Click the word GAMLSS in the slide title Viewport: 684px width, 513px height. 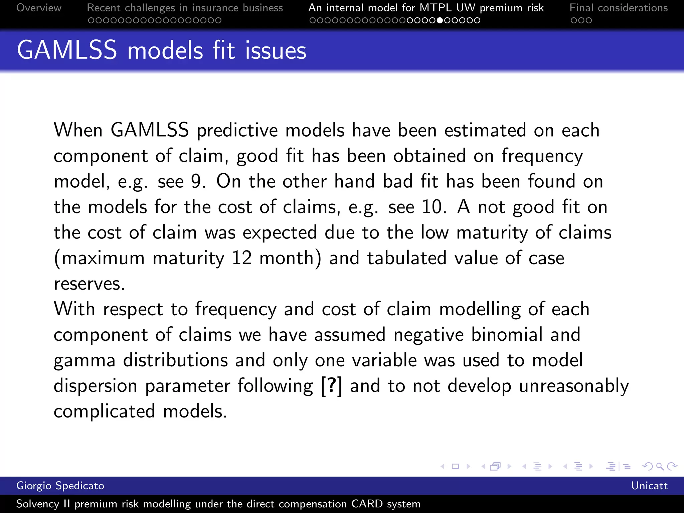67,50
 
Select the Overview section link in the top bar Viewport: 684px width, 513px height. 39,8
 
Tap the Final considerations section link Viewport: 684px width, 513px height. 619,8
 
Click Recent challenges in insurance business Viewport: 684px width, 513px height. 185,8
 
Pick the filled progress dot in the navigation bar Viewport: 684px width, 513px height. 440,20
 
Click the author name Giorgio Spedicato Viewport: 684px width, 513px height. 60,486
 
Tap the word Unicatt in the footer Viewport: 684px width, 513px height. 649,486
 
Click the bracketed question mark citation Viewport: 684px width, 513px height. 331,386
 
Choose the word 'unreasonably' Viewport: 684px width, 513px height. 571,386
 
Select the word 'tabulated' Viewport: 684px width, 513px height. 406,258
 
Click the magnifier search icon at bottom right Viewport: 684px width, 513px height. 660,466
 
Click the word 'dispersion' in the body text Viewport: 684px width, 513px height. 96,386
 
